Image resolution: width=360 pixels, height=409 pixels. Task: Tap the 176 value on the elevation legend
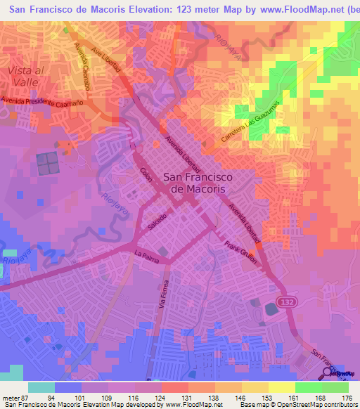tap(347, 398)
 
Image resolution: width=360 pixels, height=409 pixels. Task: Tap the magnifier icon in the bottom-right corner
tap(328, 372)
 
